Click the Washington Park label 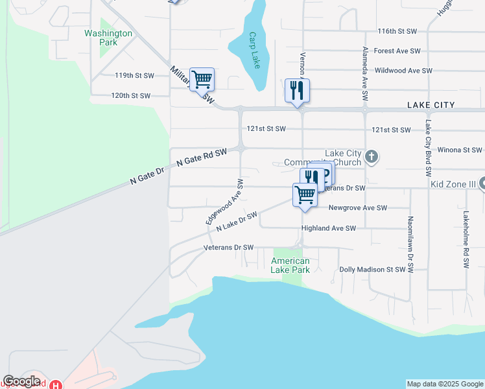108,38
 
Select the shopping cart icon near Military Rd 202,79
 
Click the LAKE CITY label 431,104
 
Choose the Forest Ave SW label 397,51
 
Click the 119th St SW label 135,76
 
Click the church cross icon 372,156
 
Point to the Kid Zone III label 454,185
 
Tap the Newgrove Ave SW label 358,208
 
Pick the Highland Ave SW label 329,228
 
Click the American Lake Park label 290,265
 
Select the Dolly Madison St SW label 373,269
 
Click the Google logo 21,381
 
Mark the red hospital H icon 57,384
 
